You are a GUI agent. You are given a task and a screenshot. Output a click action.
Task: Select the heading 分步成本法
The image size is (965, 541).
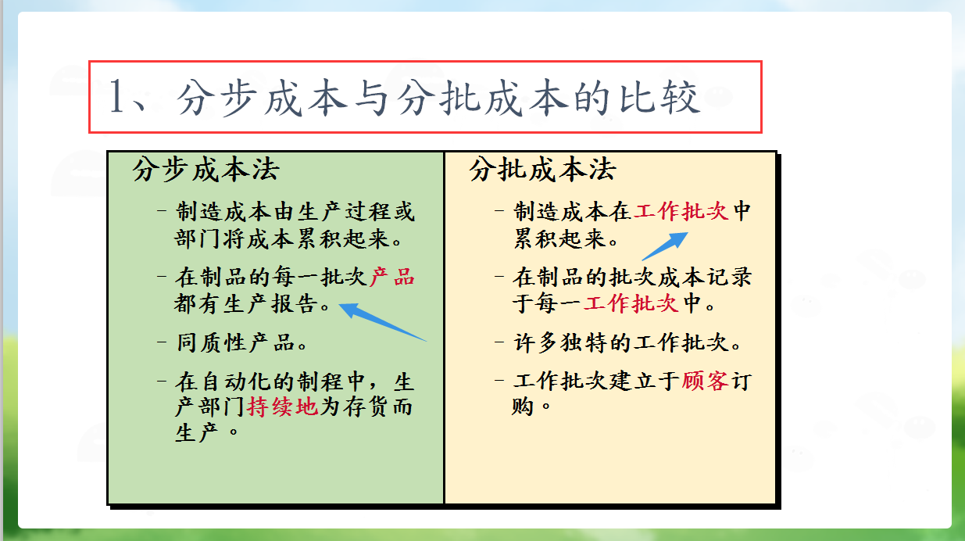[x=206, y=170]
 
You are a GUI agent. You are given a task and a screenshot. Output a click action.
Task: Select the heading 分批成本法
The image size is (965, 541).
[x=543, y=170]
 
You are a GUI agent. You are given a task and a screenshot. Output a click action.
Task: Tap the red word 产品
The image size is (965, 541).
[x=391, y=278]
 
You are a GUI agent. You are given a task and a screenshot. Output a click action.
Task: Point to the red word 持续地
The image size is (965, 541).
[x=283, y=407]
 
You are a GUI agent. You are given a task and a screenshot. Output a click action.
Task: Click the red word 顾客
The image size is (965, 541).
[x=705, y=382]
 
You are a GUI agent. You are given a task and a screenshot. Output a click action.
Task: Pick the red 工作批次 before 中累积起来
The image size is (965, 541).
[x=681, y=212]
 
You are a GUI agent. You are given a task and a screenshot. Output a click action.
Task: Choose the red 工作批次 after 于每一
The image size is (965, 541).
[x=631, y=303]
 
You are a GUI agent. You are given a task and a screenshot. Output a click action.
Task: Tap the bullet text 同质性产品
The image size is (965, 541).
[x=242, y=342]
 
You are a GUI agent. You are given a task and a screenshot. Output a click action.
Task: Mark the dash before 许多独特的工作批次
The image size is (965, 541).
[x=499, y=342]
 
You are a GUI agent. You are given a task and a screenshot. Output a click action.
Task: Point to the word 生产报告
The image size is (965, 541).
[x=271, y=303]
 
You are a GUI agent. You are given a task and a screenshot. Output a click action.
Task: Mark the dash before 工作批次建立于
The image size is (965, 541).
[x=499, y=382]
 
